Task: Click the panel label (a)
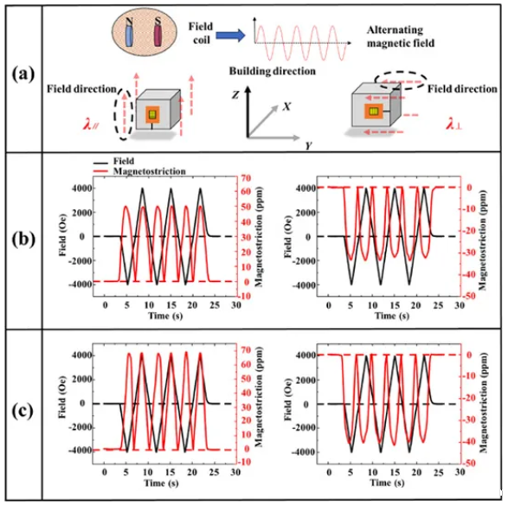pyautogui.click(x=23, y=75)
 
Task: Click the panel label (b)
pyautogui.click(x=23, y=240)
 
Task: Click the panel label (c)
pyautogui.click(x=23, y=411)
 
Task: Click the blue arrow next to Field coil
pyautogui.click(x=231, y=35)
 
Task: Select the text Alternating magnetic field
pyautogui.click(x=401, y=36)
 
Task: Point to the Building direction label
pyautogui.click(x=272, y=71)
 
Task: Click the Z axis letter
pyautogui.click(x=235, y=94)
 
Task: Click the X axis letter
pyautogui.click(x=286, y=106)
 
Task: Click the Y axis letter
pyautogui.click(x=308, y=145)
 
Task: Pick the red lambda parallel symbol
pyautogui.click(x=91, y=125)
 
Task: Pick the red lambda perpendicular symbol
pyautogui.click(x=454, y=124)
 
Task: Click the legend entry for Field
pyautogui.click(x=113, y=161)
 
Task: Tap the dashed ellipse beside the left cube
pyautogui.click(x=124, y=113)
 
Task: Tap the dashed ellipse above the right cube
pyautogui.click(x=401, y=80)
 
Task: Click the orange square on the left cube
pyautogui.click(x=152, y=114)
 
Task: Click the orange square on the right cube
pyautogui.click(x=374, y=112)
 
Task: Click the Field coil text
pyautogui.click(x=201, y=33)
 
